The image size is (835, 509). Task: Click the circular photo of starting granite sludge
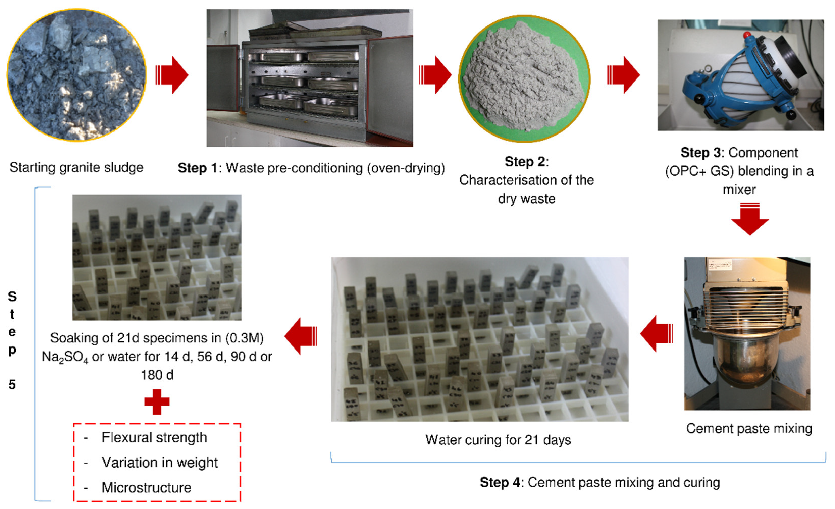76,75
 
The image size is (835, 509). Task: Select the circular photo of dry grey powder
524,79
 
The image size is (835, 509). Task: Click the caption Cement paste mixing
749,429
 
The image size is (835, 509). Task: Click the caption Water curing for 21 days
498,440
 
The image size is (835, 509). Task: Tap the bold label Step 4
500,483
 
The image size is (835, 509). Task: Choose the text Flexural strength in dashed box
154,438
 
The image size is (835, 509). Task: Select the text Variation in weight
160,463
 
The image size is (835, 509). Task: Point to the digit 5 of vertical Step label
12,385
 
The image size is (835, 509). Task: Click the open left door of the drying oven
223,78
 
